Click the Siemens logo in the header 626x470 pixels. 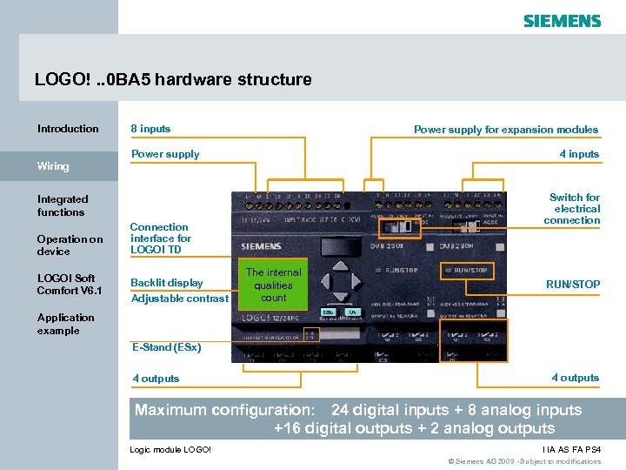click(562, 20)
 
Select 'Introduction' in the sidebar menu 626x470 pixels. click(68, 129)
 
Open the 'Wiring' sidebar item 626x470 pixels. click(53, 165)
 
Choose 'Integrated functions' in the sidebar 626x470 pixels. click(62, 205)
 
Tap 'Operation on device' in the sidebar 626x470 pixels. click(70, 245)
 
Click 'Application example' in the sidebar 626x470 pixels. click(65, 324)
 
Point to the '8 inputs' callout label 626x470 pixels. click(150, 129)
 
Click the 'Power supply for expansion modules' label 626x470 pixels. click(506, 130)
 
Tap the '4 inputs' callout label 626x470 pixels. click(579, 154)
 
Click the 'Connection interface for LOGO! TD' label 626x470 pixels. click(161, 238)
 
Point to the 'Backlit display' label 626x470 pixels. click(166, 283)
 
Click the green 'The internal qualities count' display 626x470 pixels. click(273, 285)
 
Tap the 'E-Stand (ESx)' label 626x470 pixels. click(166, 347)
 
